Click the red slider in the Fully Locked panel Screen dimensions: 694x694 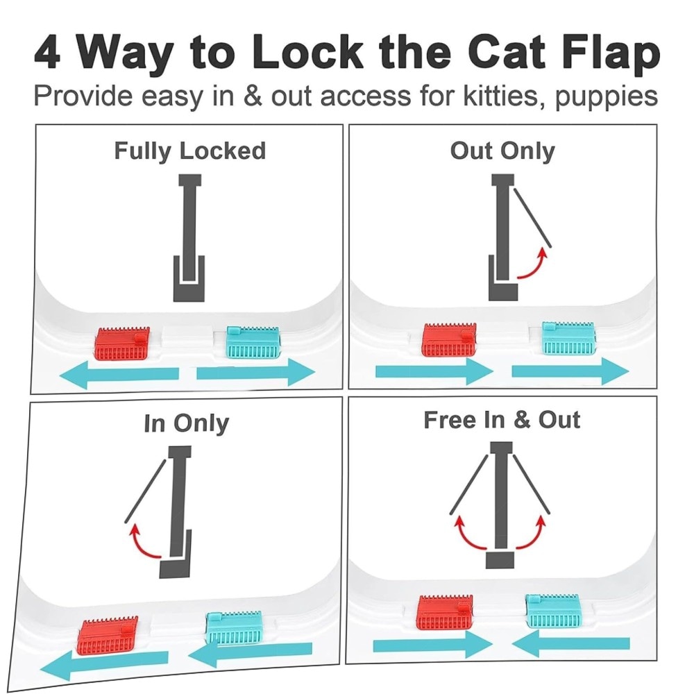pyautogui.click(x=123, y=344)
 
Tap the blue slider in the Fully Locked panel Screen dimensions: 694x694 pyautogui.click(x=253, y=342)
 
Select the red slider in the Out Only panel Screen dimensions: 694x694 pyautogui.click(x=449, y=339)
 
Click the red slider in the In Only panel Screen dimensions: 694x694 pyautogui.click(x=108, y=635)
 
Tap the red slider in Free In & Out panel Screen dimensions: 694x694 pyautogui.click(x=446, y=611)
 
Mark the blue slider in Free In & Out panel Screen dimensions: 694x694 pyautogui.click(x=552, y=611)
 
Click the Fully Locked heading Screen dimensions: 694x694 pyautogui.click(x=190, y=151)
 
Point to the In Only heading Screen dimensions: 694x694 pyautogui.click(x=186, y=423)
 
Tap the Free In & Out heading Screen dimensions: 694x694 pyautogui.click(x=502, y=420)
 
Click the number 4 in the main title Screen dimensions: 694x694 pyautogui.click(x=48, y=53)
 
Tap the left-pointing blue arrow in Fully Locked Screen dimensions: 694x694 pyautogui.click(x=119, y=374)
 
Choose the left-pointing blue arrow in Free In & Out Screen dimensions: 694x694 pyautogui.click(x=571, y=644)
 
